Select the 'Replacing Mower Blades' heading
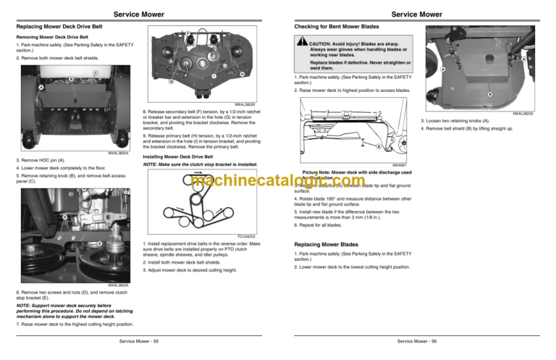(324, 244)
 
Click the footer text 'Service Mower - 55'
(138, 340)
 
